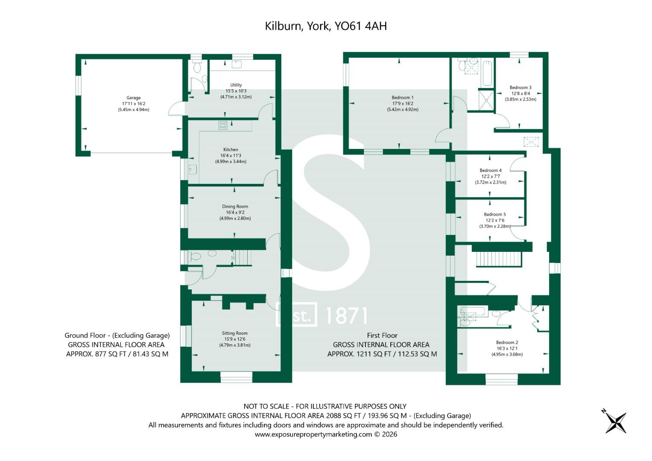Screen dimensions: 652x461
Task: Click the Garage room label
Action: coord(134,98)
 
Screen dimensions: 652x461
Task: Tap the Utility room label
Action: coord(236,85)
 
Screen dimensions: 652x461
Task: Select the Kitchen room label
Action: coord(231,149)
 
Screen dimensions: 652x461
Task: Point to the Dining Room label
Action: coord(235,206)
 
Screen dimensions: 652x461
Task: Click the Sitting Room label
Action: coord(234,333)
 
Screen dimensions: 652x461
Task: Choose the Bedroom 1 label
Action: coord(403,97)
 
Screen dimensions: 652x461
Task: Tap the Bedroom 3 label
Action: coord(520,88)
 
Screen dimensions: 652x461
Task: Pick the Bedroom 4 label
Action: coord(491,170)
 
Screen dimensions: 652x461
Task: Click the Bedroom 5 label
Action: coord(495,214)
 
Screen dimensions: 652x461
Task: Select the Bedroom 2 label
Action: coord(507,342)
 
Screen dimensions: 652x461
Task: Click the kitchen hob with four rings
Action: coord(222,125)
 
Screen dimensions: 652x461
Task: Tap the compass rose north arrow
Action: coord(615,423)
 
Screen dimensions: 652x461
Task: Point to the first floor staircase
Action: coord(499,260)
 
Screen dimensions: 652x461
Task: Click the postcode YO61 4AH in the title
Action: coord(361,26)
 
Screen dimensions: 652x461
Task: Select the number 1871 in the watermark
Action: coord(346,316)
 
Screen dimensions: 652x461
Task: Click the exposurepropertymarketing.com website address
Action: coord(313,434)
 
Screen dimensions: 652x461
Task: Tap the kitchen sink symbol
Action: coord(193,169)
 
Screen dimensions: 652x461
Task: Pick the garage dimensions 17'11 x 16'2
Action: coord(134,104)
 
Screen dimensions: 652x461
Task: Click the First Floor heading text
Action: coord(382,335)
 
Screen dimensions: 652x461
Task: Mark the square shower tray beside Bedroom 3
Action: coord(486,100)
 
